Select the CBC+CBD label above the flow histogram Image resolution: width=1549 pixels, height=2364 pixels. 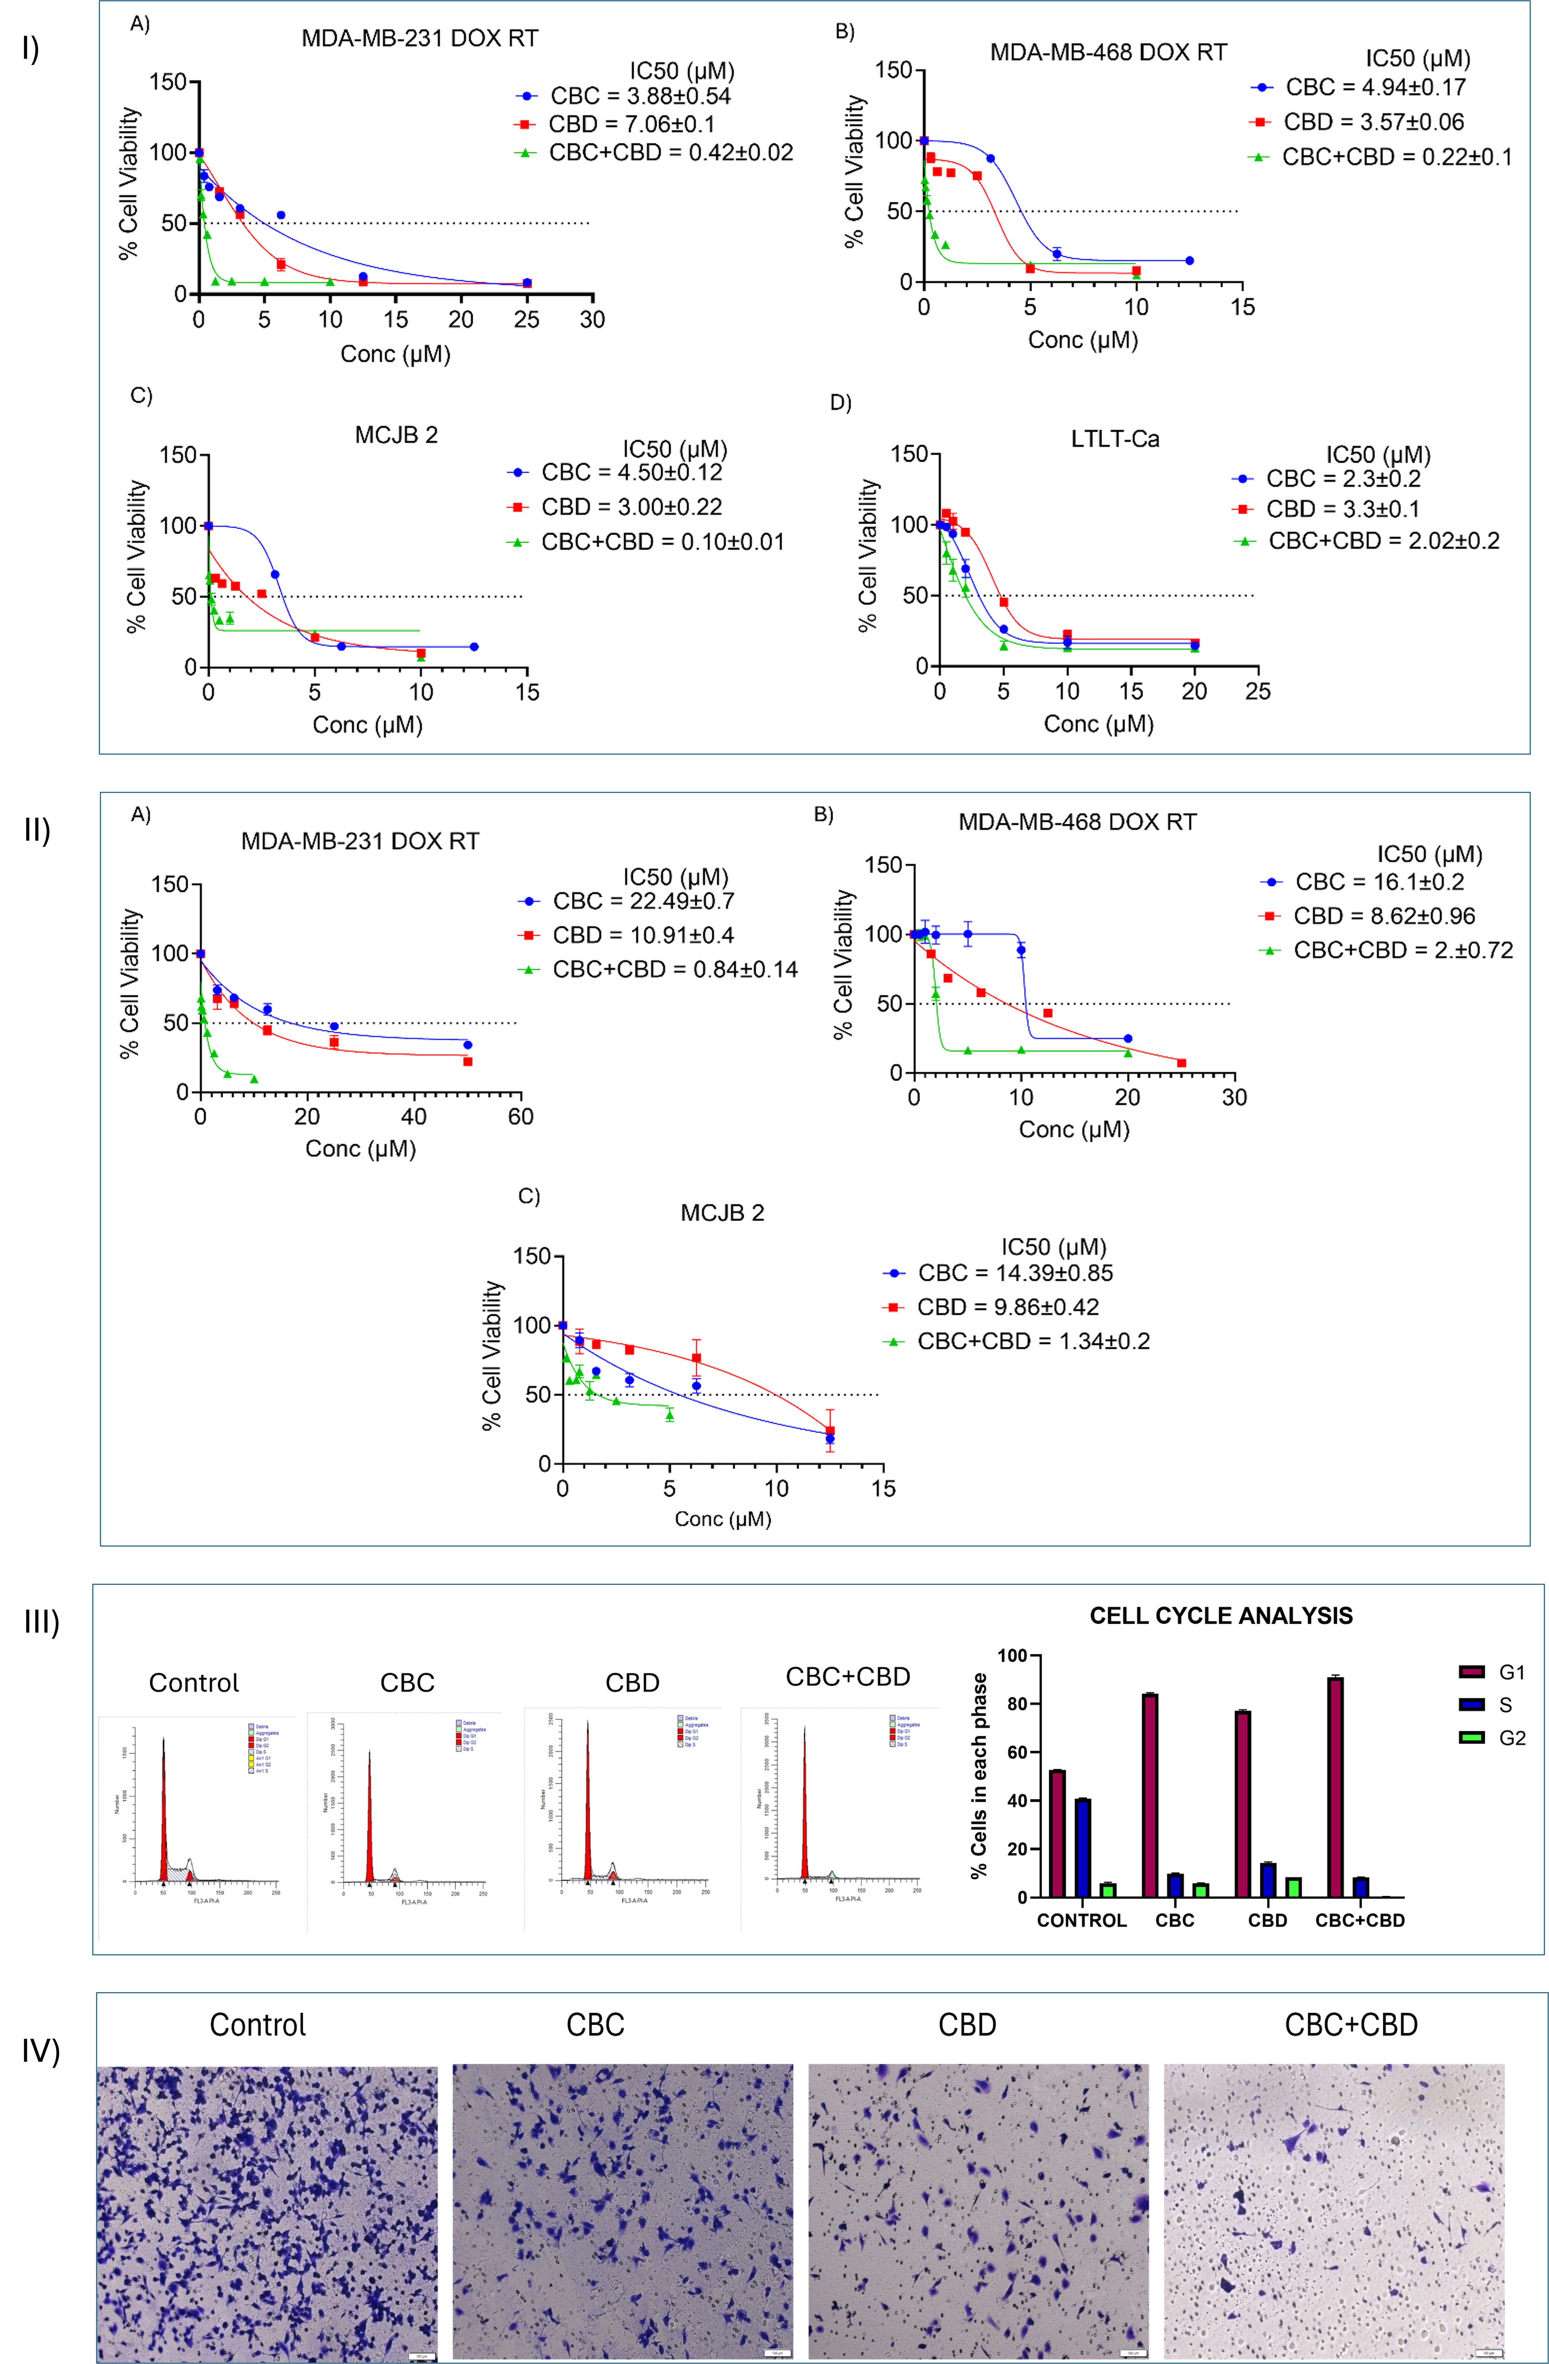pos(848,1677)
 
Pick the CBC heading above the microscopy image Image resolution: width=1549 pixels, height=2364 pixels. pos(595,2025)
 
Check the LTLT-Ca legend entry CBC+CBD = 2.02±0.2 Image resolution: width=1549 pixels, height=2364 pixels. pos(1383,541)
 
